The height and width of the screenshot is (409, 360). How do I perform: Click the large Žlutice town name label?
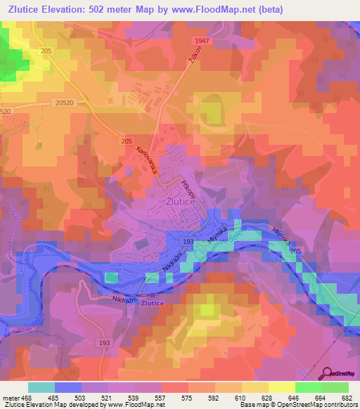coord(179,200)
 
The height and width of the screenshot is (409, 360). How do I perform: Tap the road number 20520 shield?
coord(63,103)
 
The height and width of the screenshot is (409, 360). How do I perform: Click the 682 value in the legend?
coord(347,396)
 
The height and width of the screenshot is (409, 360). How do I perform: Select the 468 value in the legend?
coord(27,396)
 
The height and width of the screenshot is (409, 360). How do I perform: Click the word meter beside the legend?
coord(10,396)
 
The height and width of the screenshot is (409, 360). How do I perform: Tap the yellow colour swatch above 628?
coord(257,387)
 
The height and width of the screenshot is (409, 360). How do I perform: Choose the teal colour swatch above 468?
coord(41,387)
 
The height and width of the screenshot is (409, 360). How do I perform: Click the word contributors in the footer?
coord(338,404)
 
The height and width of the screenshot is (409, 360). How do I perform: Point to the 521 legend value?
coord(107,396)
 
